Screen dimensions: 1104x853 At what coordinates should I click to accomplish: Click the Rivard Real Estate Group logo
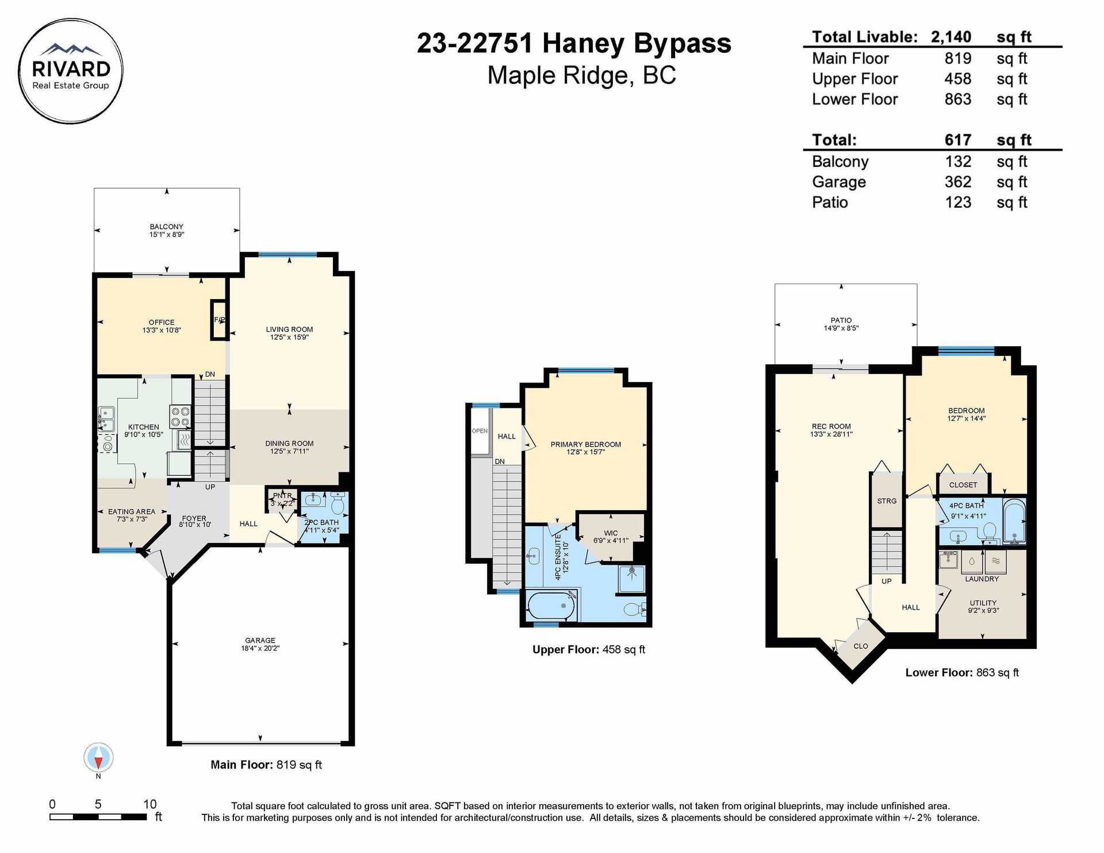click(71, 71)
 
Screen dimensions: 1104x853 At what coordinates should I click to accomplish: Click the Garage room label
click(260, 640)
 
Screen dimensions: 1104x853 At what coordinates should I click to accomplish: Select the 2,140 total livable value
click(951, 37)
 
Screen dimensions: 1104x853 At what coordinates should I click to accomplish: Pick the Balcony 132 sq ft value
click(958, 162)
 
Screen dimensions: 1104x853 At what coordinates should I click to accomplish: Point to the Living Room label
click(289, 330)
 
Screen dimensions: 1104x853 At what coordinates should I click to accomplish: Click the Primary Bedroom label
click(586, 445)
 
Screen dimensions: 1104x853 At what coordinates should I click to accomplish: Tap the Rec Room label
click(831, 427)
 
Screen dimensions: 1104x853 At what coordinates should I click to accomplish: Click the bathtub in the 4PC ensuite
click(551, 606)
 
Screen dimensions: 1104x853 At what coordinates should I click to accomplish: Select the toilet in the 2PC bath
click(338, 505)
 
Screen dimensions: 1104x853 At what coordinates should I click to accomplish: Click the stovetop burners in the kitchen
click(180, 416)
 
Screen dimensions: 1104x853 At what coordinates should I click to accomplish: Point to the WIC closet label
click(611, 533)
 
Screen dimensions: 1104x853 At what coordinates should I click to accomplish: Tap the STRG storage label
click(887, 501)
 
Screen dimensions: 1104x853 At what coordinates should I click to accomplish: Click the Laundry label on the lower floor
click(982, 579)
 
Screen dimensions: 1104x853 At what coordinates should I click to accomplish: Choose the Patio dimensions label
click(841, 328)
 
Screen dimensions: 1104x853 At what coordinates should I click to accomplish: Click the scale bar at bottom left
click(98, 817)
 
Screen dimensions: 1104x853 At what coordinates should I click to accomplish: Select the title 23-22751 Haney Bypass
click(574, 43)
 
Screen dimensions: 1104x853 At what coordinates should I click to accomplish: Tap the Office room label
click(162, 323)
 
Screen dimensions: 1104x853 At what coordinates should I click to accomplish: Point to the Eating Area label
click(132, 511)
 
